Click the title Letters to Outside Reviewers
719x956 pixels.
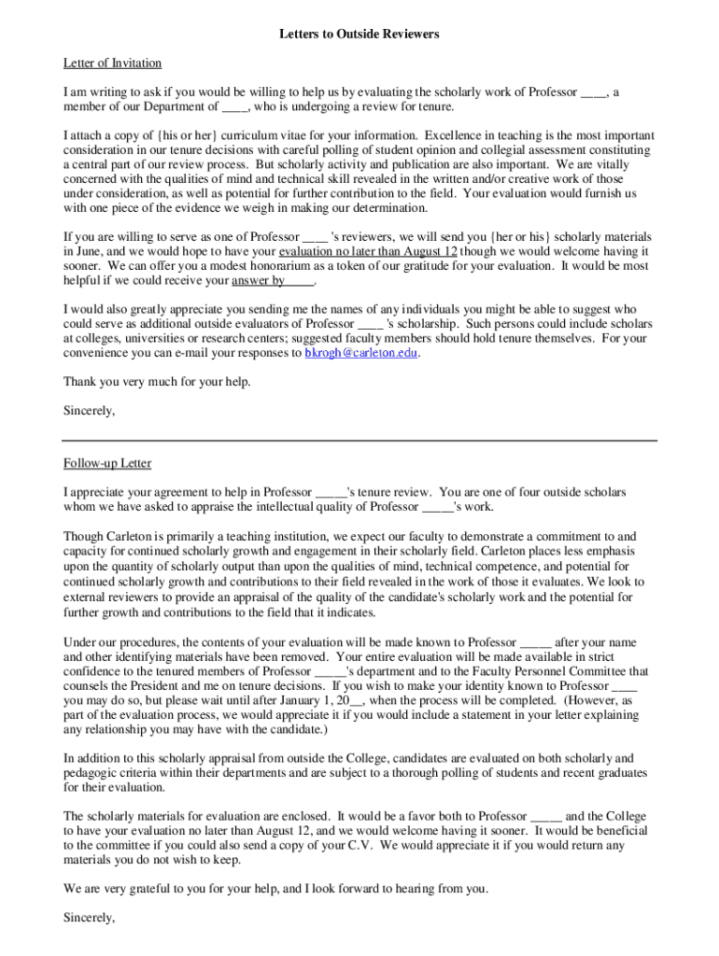[359, 35]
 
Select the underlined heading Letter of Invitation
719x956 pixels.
[112, 63]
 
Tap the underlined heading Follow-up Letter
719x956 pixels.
[106, 463]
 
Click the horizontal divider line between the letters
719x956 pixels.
[359, 441]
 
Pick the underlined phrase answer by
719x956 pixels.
[258, 280]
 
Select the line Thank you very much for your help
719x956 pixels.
[157, 382]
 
